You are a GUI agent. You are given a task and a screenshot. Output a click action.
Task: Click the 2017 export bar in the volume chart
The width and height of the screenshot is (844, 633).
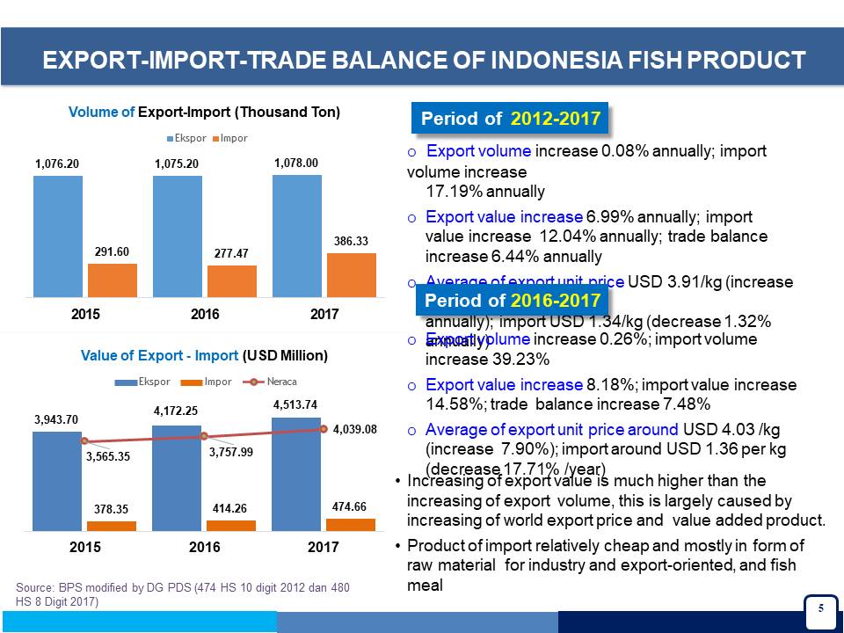[296, 236]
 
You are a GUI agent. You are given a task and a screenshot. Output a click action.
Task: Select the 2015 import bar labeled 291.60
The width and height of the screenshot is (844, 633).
[112, 280]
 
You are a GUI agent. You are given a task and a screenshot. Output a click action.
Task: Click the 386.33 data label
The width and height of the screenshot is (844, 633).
[352, 240]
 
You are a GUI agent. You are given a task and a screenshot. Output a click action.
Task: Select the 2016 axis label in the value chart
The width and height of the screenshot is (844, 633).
[204, 547]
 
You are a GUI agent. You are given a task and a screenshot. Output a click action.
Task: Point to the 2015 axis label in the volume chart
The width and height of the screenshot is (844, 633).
[85, 314]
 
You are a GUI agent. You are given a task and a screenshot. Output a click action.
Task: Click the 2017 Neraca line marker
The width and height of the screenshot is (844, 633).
[324, 429]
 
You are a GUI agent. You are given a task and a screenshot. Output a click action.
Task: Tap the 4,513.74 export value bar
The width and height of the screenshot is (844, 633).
[297, 475]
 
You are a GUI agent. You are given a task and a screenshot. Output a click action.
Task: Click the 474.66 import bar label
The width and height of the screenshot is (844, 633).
[350, 506]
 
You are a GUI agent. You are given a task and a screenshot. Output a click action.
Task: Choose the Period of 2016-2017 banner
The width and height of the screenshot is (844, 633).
[512, 301]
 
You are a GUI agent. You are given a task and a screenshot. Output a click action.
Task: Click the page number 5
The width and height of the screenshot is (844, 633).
[820, 608]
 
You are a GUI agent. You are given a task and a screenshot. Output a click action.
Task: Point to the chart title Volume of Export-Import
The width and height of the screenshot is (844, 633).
[204, 113]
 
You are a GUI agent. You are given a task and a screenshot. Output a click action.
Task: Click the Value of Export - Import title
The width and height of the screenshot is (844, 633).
[204, 356]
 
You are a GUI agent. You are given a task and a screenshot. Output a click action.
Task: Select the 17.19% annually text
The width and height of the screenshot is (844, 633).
[485, 192]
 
